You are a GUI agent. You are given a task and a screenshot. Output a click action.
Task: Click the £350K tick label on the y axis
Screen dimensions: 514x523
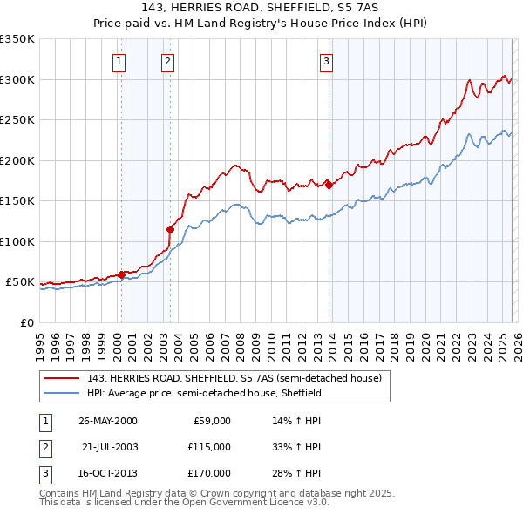coord(17,39)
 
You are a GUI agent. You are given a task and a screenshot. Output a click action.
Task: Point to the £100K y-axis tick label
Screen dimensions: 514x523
coord(17,241)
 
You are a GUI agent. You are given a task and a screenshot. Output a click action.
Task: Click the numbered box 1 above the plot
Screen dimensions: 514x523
coord(118,61)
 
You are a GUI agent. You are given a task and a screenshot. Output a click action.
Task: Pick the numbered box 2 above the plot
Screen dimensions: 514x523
coord(167,61)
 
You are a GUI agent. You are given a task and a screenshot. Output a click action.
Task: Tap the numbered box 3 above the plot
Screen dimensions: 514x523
coord(325,61)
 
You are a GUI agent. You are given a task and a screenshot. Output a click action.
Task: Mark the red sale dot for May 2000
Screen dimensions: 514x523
coord(121,274)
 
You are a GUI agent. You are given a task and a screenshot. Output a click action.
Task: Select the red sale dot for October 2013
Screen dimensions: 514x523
coord(329,185)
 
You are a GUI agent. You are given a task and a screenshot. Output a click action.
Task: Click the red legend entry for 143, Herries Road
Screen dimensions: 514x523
coord(234,378)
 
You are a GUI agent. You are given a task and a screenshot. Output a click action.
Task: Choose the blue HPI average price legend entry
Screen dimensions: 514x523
coord(205,393)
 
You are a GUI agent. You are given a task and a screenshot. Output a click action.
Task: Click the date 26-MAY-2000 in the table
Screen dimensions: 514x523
coord(108,421)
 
